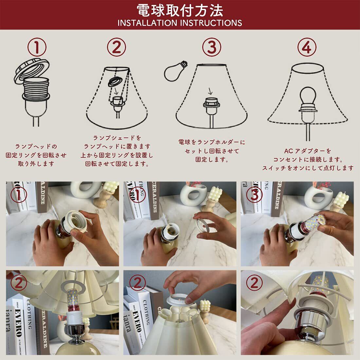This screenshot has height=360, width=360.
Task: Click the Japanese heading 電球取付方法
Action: [180, 10]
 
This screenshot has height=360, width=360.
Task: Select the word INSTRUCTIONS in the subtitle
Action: [211, 23]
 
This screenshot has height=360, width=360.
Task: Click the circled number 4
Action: [307, 47]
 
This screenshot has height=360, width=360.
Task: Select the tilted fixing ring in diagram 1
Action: [32, 70]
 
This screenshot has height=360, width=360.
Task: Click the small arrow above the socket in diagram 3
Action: [210, 91]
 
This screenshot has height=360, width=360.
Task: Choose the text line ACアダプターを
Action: [308, 151]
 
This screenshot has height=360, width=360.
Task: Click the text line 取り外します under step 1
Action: [36, 164]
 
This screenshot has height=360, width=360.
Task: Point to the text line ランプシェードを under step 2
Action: [117, 138]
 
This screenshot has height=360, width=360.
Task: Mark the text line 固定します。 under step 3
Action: [212, 159]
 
